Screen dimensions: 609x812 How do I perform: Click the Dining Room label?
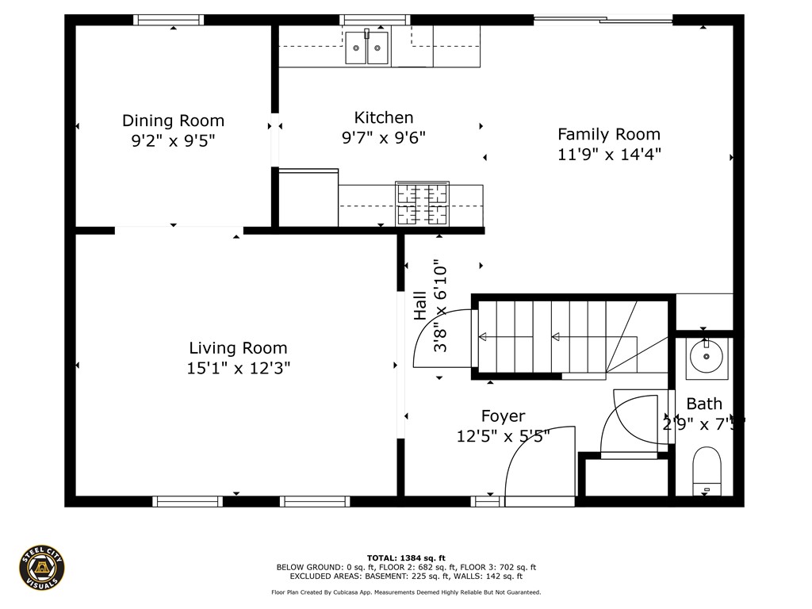173,121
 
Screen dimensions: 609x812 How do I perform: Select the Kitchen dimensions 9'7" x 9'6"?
384,138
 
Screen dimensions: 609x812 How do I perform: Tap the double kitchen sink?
368,49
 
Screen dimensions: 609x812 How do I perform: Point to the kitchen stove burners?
422,203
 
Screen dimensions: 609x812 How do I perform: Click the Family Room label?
608,134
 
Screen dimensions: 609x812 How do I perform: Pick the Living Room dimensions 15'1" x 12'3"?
238,368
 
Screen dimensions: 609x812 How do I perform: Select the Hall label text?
419,305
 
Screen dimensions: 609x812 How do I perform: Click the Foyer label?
503,416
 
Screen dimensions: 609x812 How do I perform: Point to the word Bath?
704,404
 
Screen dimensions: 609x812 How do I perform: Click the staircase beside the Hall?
555,337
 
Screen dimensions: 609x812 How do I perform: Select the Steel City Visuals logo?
42,568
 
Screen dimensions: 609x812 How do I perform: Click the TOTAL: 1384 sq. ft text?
406,557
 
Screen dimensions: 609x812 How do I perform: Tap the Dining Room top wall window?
167,20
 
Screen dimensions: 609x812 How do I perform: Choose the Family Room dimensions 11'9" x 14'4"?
608,155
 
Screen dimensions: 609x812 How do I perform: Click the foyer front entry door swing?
539,468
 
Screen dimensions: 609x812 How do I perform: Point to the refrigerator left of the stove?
308,198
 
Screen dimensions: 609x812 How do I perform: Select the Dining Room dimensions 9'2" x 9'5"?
173,141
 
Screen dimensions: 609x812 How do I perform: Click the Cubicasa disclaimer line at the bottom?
406,592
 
